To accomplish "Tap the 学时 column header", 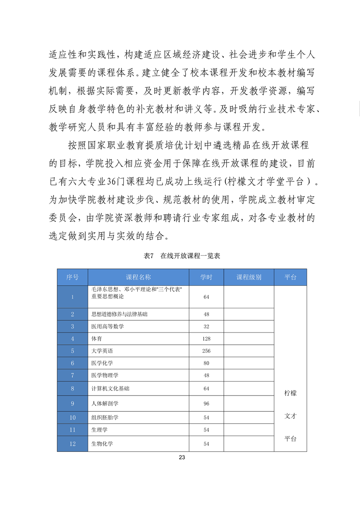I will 206,277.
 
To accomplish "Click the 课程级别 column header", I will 249,277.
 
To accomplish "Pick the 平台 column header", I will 290,277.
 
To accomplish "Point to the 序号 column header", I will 72,277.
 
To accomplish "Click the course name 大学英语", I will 101,351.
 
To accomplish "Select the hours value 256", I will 206,351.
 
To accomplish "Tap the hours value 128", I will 206,338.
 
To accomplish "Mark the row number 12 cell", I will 72,444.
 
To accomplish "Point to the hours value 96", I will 206,404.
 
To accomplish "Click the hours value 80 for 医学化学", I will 206,363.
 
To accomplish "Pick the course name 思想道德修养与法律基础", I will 119,314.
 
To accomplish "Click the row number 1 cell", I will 72,297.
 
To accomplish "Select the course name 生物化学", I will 102,444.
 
